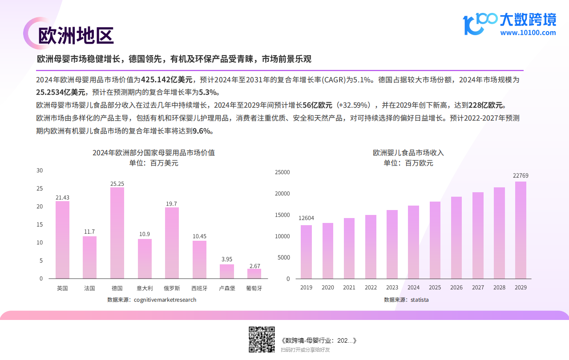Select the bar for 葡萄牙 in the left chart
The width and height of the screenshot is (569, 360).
254,274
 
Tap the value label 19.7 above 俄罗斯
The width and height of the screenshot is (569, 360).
172,204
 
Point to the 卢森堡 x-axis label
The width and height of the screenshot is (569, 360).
226,288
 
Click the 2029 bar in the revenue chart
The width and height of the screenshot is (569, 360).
521,230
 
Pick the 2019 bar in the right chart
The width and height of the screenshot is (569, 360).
306,252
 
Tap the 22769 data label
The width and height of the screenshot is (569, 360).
521,176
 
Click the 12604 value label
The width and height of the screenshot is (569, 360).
306,218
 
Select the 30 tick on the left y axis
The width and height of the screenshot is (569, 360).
40,170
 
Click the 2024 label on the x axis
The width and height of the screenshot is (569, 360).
413,287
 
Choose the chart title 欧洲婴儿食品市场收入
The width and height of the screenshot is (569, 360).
408,153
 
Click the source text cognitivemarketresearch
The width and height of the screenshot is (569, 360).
165,300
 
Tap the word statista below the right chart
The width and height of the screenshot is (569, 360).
420,300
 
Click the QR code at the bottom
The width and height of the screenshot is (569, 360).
261,340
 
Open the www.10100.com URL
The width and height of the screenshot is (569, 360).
528,32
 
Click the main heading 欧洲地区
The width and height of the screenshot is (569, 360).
76,36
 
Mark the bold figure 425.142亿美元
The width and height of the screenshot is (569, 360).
167,80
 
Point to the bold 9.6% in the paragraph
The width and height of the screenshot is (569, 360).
202,131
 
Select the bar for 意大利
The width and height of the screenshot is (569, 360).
145,259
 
